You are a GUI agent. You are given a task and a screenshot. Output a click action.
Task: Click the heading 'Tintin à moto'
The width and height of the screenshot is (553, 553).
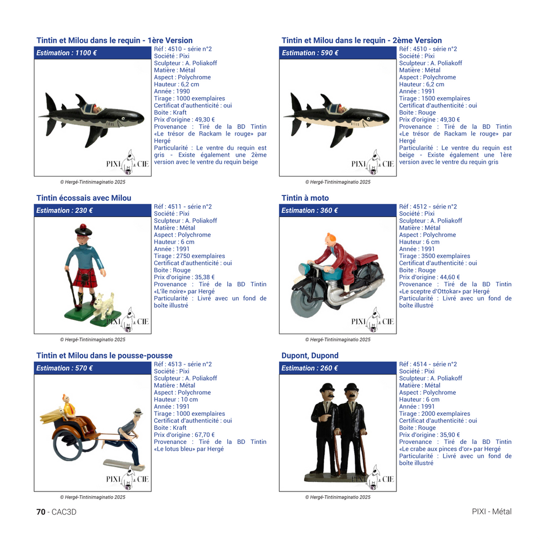pyautogui.click(x=305, y=198)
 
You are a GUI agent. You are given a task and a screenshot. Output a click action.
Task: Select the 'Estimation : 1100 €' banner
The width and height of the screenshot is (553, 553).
pyautogui.click(x=93, y=53)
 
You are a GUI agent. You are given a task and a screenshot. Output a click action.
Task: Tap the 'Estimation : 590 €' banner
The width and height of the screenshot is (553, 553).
pyautogui.click(x=338, y=53)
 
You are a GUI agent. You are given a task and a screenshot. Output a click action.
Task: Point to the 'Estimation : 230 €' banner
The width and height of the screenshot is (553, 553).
pyautogui.click(x=93, y=211)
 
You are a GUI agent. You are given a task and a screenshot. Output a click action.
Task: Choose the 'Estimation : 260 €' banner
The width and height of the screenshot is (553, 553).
pyautogui.click(x=338, y=368)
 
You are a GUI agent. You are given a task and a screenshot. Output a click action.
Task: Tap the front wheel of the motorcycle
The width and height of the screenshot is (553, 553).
pyautogui.click(x=306, y=304)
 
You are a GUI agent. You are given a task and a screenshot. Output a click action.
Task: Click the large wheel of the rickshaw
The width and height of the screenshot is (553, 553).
pyautogui.click(x=68, y=444)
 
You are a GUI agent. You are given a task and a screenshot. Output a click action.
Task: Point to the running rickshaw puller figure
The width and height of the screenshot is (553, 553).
pyautogui.click(x=127, y=435)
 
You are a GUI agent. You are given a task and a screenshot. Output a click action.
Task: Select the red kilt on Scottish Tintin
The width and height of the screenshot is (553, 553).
pyautogui.click(x=85, y=278)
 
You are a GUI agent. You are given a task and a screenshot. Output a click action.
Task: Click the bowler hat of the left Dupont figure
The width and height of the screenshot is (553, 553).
pyautogui.click(x=327, y=387)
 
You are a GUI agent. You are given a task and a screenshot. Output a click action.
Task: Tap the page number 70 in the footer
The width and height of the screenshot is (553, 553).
pyautogui.click(x=41, y=512)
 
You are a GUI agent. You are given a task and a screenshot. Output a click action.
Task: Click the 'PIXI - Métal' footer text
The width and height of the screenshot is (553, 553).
pyautogui.click(x=491, y=512)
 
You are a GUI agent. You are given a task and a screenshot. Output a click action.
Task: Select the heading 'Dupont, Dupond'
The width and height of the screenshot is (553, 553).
pyautogui.click(x=310, y=356)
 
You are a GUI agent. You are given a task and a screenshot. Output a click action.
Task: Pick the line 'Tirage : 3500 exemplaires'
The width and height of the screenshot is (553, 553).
pyautogui.click(x=434, y=256)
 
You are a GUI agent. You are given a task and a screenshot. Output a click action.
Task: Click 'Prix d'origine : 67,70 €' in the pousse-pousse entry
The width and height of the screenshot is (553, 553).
pyautogui.click(x=184, y=435)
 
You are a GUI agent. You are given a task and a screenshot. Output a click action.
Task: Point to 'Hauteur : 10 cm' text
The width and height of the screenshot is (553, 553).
pyautogui.click(x=176, y=400)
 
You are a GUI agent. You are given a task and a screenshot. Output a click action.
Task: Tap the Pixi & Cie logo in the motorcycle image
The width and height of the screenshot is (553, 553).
pyautogui.click(x=373, y=321)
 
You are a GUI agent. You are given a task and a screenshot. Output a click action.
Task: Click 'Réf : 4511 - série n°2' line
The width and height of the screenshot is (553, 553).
pyautogui.click(x=183, y=206)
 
